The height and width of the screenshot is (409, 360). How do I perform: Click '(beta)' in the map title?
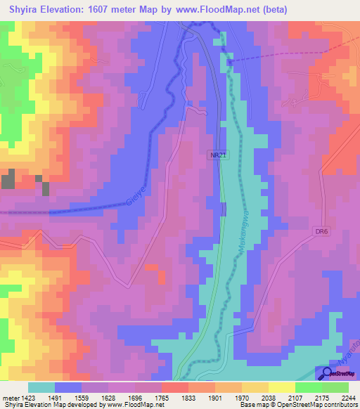(271, 8)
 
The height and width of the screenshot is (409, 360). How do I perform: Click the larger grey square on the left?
(8, 178)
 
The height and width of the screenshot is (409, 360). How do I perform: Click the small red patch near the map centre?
(151, 267)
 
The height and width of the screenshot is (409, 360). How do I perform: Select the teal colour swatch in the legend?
(41, 387)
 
